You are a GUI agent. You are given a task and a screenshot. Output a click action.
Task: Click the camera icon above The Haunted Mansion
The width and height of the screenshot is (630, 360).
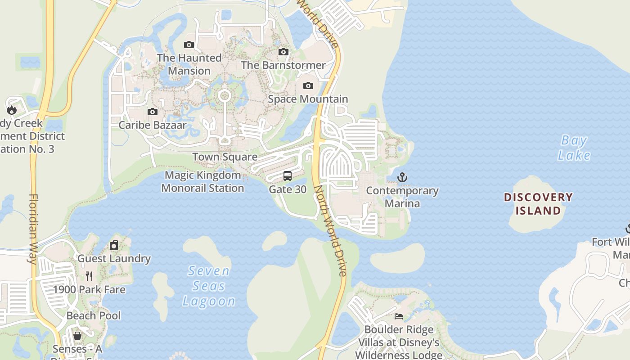pos(189,45)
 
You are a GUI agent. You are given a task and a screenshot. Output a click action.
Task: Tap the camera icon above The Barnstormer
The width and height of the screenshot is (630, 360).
pos(283,52)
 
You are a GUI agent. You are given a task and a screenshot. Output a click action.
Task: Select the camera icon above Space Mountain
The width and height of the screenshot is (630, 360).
pos(308,85)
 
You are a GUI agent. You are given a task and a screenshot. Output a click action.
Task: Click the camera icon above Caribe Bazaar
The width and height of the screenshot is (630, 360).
pos(153,112)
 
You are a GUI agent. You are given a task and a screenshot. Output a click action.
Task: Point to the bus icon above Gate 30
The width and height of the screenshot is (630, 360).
pos(288,176)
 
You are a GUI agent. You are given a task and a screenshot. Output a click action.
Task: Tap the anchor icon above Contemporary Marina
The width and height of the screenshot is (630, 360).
pos(402,177)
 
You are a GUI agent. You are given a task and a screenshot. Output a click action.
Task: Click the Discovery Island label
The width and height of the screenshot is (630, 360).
pos(538,204)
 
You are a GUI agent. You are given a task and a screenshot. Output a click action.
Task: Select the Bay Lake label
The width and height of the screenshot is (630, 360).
pos(574,148)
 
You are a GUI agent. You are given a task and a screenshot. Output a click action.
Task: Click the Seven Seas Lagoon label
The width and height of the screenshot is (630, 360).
pos(209,286)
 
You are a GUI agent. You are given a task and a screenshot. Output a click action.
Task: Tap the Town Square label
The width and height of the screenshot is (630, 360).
pos(225,157)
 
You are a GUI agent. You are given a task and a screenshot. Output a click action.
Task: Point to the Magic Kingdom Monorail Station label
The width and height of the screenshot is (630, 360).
pos(202,181)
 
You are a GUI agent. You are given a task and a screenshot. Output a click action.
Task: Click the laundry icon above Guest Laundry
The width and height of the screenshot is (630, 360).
pos(114,245)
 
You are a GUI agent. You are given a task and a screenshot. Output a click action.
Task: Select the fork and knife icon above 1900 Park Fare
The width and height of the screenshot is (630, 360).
pos(89,276)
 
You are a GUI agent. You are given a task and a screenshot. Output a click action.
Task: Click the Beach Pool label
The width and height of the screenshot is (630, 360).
pos(94,315)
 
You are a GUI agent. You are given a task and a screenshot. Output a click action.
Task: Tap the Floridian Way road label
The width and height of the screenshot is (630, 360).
pos(34,229)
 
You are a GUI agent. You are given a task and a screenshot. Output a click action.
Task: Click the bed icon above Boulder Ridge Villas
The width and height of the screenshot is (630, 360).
pos(398,316)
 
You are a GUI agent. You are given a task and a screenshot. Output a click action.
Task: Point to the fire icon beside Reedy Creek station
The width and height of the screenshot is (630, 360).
pos(12,110)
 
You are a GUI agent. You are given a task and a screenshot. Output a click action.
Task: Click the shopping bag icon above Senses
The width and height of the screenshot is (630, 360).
pos(77,336)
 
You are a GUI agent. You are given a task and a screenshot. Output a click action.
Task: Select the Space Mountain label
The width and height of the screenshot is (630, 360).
pos(308,99)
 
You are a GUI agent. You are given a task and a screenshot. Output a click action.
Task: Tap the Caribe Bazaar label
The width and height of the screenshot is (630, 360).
pos(153,125)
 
